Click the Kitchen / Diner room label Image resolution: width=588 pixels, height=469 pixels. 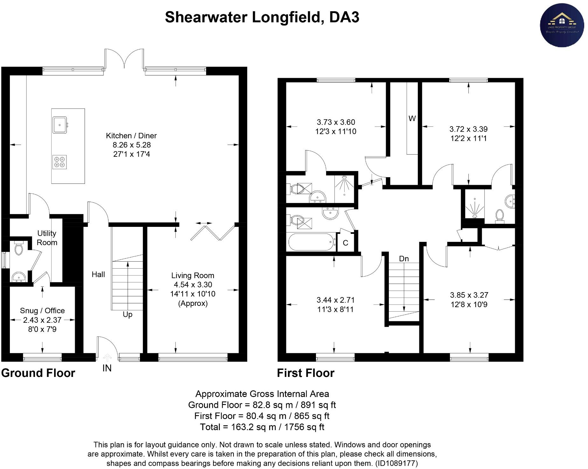click(131, 136)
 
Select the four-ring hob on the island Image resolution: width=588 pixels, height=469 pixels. click(59, 162)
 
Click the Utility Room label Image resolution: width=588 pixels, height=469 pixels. click(47, 238)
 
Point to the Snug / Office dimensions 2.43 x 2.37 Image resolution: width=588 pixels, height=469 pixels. click(42, 320)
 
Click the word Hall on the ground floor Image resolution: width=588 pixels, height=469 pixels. click(98, 274)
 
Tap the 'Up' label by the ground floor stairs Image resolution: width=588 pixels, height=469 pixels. click(127, 314)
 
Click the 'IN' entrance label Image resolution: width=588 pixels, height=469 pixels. click(107, 368)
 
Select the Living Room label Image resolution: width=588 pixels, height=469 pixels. click(192, 276)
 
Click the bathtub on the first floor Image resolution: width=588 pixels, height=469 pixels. click(311, 242)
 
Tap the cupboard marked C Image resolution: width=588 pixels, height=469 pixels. click(345, 243)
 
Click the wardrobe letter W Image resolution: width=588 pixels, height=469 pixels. click(412, 119)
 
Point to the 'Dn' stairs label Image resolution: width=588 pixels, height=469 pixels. click(404, 259)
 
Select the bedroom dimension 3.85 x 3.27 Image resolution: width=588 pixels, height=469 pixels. click(469, 295)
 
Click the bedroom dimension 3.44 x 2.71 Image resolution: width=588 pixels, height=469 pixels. click(335, 300)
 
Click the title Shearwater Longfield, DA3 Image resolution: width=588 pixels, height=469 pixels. click(262, 17)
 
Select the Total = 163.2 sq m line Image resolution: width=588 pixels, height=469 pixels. click(262, 427)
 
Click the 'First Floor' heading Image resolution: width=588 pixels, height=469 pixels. click(305, 373)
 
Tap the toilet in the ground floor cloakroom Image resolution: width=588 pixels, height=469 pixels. click(19, 248)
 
